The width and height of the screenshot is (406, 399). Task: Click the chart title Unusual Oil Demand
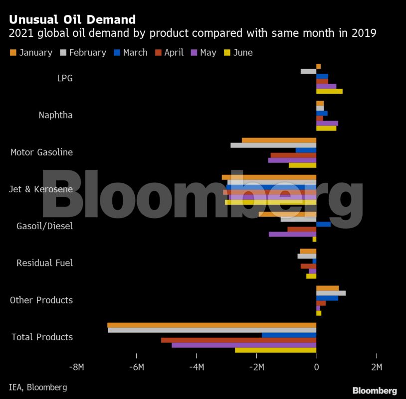72,20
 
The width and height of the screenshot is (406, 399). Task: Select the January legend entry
31,53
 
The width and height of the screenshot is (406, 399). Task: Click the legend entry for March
130,53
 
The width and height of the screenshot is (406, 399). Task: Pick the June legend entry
238,53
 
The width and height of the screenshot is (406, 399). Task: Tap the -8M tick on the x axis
76,368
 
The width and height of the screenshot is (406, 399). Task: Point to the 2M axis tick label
376,368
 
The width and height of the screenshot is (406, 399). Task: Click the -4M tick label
197,368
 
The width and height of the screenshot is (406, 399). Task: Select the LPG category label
64,78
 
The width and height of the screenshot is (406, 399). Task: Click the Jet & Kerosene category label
41,189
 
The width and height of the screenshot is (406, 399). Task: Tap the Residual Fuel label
44,263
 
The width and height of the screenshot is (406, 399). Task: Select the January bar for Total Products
211,325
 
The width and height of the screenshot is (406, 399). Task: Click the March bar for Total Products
289,335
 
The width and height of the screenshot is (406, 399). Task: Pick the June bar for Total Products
275,350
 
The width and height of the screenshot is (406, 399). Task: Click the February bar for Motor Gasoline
273,145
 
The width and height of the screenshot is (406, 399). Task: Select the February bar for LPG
308,71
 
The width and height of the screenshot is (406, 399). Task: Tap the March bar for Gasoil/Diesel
323,224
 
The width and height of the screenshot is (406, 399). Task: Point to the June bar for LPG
329,91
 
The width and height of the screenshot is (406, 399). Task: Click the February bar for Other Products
331,293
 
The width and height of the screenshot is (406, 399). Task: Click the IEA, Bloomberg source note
38,387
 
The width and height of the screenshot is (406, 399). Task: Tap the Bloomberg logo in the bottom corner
375,391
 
